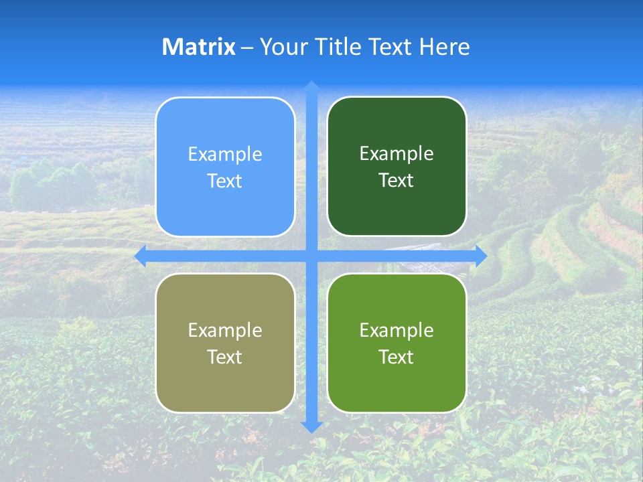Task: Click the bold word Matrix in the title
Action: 198,47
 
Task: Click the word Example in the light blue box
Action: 225,155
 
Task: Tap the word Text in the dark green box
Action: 397,181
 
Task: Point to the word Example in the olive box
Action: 225,330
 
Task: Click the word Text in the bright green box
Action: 397,357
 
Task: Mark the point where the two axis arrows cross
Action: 311,256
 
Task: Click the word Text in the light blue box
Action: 225,181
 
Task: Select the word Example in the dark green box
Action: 397,154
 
